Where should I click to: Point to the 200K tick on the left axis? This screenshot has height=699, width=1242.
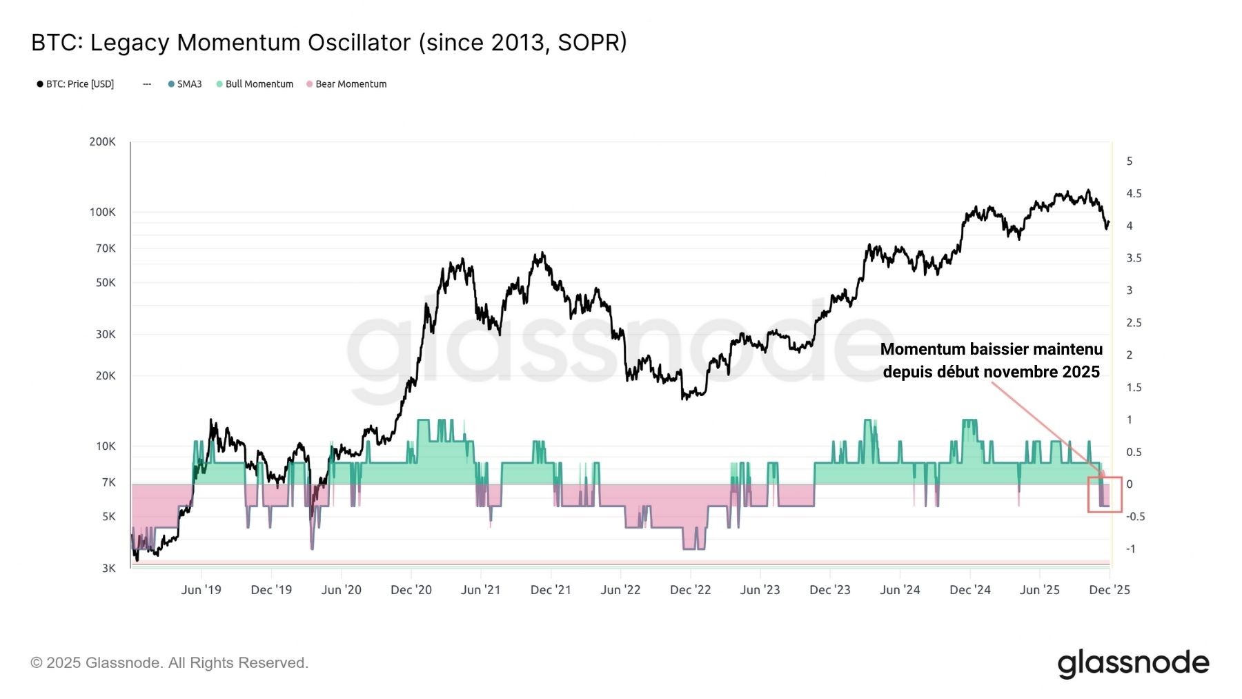pos(102,142)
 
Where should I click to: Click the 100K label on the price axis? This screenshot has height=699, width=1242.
pos(102,213)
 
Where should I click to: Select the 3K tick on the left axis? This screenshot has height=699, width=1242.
pos(108,569)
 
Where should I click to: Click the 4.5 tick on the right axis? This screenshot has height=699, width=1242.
pos(1134,194)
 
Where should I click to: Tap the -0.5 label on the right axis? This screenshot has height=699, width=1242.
pos(1135,517)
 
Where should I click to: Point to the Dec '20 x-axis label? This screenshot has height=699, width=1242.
pos(411,590)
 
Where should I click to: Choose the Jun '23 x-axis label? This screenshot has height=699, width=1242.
pos(760,590)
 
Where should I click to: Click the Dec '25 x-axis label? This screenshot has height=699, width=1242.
pos(1109,590)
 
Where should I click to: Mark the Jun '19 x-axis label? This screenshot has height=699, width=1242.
pos(201,590)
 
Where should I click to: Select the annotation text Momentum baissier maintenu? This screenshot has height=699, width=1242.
pos(991,350)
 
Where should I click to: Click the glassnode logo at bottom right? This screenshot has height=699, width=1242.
pos(1133,663)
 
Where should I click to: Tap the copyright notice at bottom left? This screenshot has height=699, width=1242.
pos(169,663)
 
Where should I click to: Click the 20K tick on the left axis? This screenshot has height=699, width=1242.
pos(106,376)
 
